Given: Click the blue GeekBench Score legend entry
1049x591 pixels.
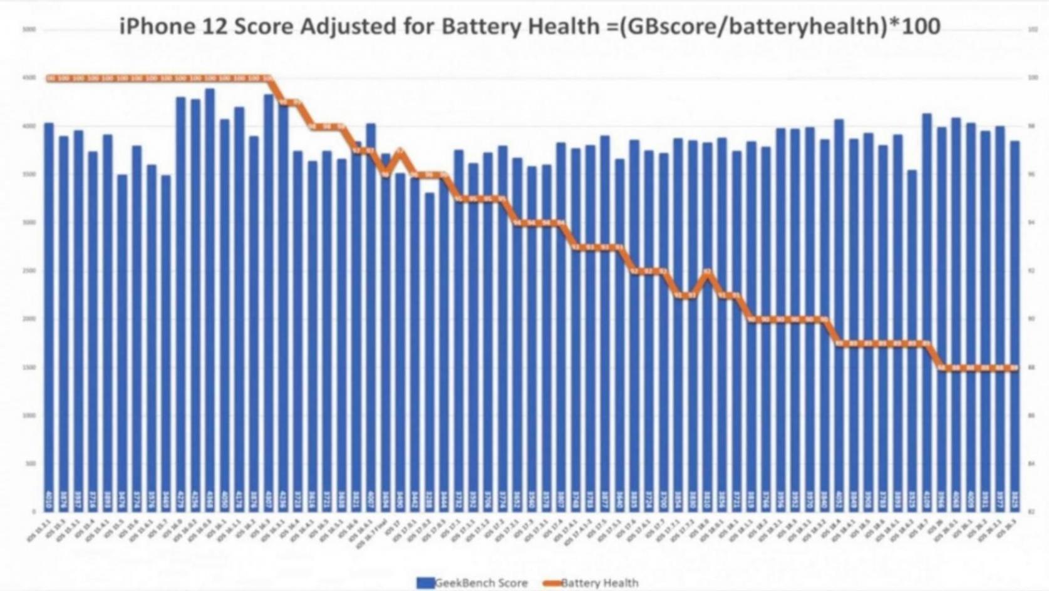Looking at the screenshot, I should [x=472, y=583].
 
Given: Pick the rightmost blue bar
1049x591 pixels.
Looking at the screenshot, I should [x=1015, y=326].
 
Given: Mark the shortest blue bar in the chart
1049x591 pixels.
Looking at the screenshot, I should [x=430, y=351].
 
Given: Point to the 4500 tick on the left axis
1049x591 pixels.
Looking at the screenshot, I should [x=29, y=78].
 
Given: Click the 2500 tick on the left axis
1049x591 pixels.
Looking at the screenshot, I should [x=29, y=270].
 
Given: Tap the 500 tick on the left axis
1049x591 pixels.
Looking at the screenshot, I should [x=29, y=463].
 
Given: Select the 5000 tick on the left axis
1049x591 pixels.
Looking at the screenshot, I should [x=29, y=29].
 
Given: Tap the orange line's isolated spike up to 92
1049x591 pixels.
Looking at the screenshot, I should [x=708, y=272].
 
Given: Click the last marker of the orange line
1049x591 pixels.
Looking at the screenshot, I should [x=1015, y=367].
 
